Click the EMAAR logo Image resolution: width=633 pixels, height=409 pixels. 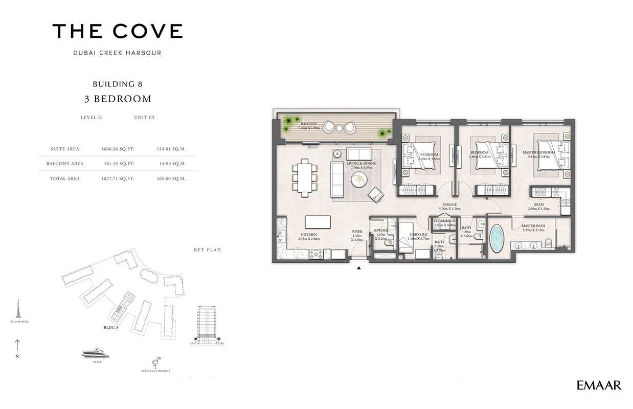pyautogui.click(x=599, y=385)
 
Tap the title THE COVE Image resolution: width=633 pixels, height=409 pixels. pyautogui.click(x=118, y=32)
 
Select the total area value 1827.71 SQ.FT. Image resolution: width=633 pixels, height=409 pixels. pyautogui.click(x=118, y=179)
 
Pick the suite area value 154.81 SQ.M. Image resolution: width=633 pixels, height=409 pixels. pyautogui.click(x=171, y=149)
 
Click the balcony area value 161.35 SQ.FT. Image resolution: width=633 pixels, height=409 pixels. pyautogui.click(x=118, y=164)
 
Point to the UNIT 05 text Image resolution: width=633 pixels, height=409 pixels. pyautogui.click(x=144, y=118)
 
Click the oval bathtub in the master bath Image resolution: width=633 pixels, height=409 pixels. pyautogui.click(x=496, y=239)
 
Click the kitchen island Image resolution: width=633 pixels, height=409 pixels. pyautogui.click(x=317, y=222)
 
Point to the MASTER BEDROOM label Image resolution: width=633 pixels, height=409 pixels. pyautogui.click(x=539, y=152)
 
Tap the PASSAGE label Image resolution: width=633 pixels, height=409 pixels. pyautogui.click(x=449, y=204)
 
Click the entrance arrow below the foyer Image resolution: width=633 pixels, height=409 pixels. pyautogui.click(x=359, y=267)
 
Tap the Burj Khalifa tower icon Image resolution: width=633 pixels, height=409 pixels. pyautogui.click(x=19, y=309)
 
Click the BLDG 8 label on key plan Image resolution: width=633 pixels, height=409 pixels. pyautogui.click(x=111, y=328)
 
